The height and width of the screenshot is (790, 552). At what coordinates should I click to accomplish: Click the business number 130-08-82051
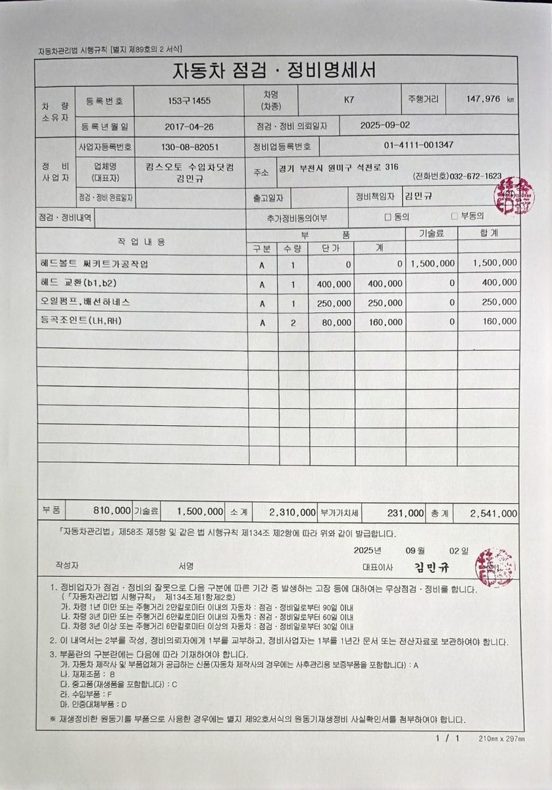coord(189,147)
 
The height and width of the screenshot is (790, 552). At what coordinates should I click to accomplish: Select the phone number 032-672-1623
coord(476,176)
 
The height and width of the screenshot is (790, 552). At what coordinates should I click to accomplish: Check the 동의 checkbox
coord(388,216)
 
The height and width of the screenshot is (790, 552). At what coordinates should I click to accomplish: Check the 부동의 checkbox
coord(454,215)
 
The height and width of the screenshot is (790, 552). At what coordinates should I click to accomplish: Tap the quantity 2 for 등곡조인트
coord(293,323)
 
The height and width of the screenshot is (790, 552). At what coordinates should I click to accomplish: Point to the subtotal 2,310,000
coord(292,512)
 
